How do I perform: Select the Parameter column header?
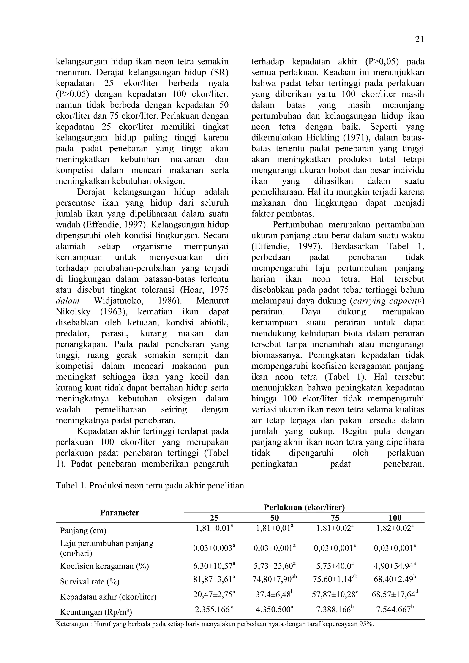(x=120, y=513)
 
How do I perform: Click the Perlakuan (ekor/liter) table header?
(x=304, y=507)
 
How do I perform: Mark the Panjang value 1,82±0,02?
(x=395, y=528)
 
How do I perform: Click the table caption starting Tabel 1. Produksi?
(x=150, y=486)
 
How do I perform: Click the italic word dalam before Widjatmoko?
(x=67, y=301)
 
